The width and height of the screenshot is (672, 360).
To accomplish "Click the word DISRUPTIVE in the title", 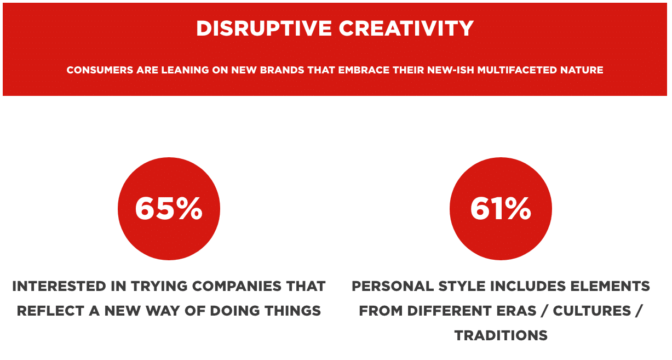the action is coord(263,28).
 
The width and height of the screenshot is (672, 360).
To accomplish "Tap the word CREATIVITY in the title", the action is coord(406,28).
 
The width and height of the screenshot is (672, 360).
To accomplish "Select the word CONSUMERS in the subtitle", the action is coord(100,70).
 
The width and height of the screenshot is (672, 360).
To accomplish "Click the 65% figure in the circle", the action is coord(169,209).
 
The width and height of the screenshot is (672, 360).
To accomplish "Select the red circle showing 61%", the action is coord(501,209).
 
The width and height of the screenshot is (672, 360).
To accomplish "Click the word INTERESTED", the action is coord(59,286).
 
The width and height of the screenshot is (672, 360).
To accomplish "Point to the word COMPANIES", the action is coord(237,286).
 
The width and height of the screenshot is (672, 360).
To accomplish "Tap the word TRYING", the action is coord(159,286).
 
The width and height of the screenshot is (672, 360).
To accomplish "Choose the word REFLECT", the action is coord(50,311).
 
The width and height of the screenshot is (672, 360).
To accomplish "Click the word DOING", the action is coord(234,311).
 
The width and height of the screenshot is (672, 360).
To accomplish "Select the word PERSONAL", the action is coord(393,286).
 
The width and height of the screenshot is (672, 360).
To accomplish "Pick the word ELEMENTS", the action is coord(610,286).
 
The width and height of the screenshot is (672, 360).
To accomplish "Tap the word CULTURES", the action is coord(592,311).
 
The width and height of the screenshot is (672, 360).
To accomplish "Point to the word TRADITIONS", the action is coord(501,335).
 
